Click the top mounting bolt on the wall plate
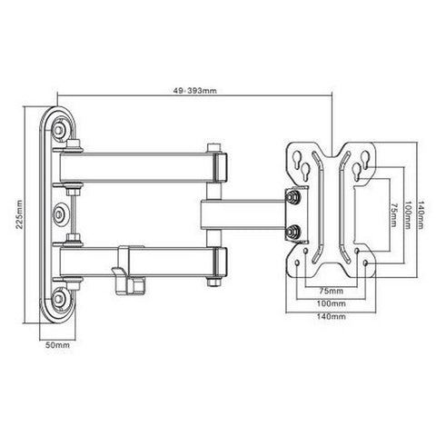coord(60,133)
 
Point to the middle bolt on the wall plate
coord(61,213)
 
